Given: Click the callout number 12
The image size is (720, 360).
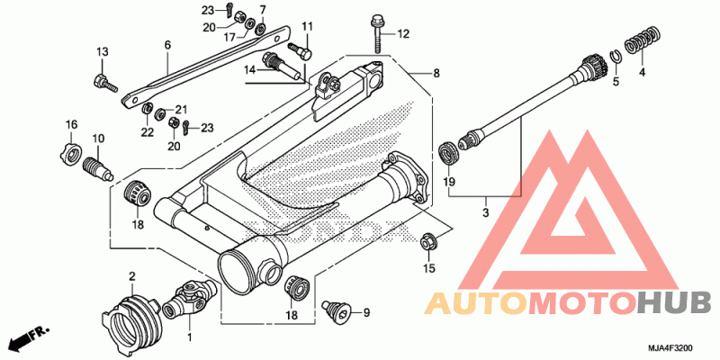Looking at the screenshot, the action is [x=402, y=34].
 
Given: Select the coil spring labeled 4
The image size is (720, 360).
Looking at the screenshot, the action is [x=643, y=41].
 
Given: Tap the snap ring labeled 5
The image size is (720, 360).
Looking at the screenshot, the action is [x=616, y=58].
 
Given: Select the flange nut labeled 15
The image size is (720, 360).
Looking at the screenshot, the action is [x=429, y=242].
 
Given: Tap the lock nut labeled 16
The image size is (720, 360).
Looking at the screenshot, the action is [x=71, y=152].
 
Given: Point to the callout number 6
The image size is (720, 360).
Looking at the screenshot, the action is [x=167, y=45].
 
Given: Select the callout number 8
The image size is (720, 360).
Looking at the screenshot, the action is [x=436, y=73].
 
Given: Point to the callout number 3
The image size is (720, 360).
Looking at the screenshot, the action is [x=486, y=212].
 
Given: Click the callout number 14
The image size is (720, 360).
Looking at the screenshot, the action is [x=250, y=70].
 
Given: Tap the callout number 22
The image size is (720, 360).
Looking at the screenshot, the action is [x=147, y=132].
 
